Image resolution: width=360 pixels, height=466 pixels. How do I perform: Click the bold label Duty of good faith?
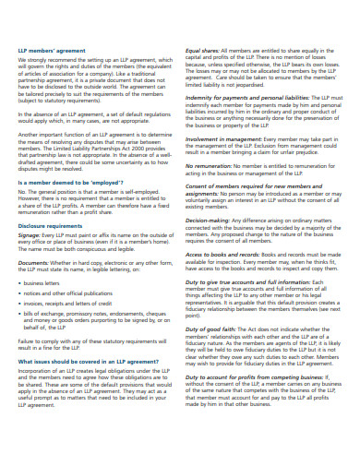[215, 328]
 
